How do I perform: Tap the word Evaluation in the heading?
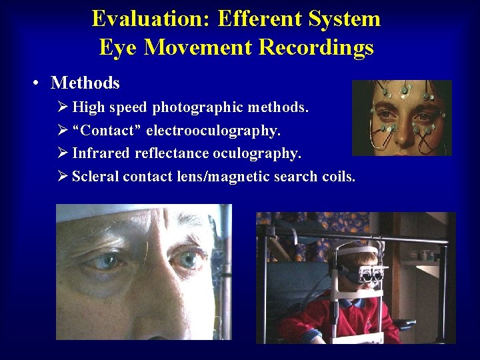[149, 19]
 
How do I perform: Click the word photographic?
[191, 107]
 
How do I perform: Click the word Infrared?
[101, 153]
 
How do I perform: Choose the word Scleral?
[95, 177]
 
